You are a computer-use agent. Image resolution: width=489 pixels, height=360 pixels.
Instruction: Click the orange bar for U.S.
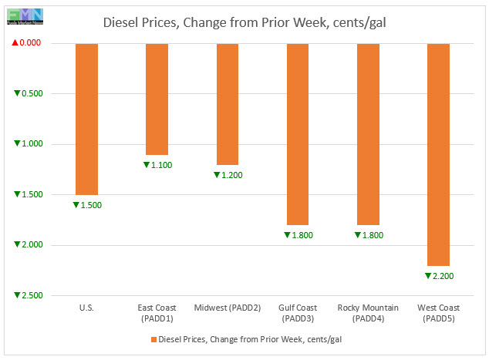(x=86, y=119)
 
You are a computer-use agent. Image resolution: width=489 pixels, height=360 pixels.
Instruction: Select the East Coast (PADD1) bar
(x=157, y=99)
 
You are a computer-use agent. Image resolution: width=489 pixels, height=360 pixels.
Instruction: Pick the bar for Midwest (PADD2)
(x=227, y=104)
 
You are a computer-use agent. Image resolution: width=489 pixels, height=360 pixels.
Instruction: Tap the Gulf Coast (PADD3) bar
(x=298, y=133)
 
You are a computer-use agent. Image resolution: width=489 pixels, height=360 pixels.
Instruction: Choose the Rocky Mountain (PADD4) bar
(x=368, y=133)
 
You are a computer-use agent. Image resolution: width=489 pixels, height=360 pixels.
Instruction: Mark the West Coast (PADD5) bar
(x=438, y=154)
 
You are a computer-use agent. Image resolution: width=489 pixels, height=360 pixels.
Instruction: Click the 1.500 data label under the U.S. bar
(x=87, y=205)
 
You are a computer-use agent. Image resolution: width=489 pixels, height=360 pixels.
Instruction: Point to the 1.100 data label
(x=157, y=165)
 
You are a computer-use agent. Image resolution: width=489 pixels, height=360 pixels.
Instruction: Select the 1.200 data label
(x=228, y=175)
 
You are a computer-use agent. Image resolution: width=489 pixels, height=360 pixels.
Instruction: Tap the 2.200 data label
(x=439, y=275)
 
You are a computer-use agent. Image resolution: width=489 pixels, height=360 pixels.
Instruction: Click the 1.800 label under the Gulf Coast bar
(x=298, y=235)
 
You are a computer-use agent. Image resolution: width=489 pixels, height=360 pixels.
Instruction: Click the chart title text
(x=244, y=22)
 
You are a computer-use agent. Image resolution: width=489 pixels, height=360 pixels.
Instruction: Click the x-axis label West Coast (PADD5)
(x=438, y=313)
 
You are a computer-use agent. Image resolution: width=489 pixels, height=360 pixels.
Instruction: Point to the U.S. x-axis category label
(x=86, y=308)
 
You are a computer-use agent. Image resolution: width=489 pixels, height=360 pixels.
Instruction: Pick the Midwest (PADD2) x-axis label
(x=227, y=308)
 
